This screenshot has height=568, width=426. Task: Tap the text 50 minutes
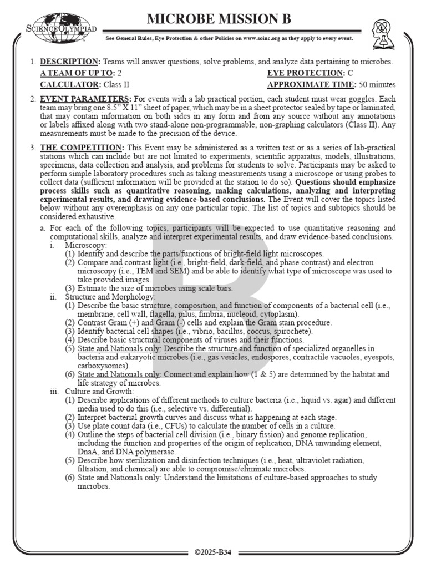pyautogui.click(x=377, y=85)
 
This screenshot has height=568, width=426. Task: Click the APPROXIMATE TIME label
pyautogui.click(x=311, y=85)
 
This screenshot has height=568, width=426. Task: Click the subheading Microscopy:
pyautogui.click(x=86, y=245)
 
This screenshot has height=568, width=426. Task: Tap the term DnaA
pyautogui.click(x=89, y=452)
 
